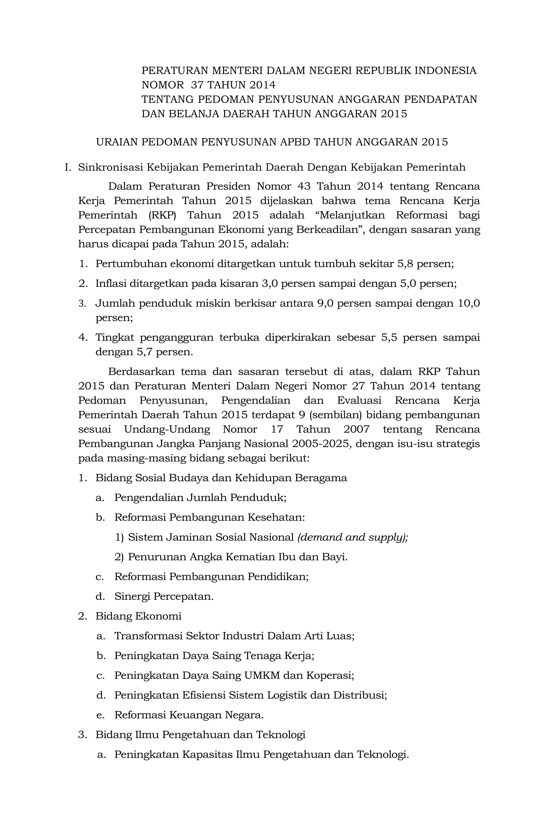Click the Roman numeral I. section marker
68,168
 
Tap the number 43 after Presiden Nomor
303,186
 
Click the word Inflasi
110,283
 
